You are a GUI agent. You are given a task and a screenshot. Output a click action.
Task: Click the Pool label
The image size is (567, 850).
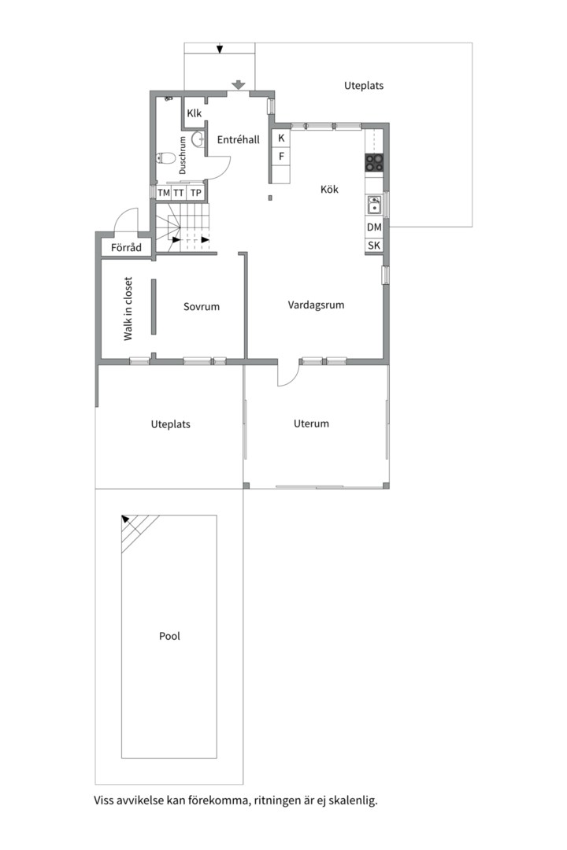coord(169,636)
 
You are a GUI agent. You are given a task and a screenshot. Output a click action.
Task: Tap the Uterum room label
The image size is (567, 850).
coord(311,423)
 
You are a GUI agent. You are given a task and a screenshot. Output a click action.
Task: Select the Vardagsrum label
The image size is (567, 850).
coord(316,305)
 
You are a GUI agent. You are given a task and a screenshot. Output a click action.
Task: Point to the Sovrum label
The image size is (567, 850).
coord(202,306)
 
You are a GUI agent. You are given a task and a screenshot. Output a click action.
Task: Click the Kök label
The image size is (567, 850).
coord(329,189)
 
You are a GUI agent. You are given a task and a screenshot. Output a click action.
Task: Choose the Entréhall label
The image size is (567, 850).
coord(238,139)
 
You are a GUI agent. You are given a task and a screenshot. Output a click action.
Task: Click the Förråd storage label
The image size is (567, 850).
coord(126,247)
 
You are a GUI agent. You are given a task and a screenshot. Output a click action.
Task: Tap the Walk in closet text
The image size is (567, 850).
coord(128,309)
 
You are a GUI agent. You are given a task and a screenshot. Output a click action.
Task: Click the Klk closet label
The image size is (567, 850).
coord(195,113)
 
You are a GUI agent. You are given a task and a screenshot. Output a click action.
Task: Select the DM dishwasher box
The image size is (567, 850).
coord(374,227)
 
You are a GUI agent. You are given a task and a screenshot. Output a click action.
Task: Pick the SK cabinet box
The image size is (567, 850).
coord(374,245)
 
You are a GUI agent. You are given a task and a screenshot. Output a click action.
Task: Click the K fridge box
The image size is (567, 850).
coord(281,139)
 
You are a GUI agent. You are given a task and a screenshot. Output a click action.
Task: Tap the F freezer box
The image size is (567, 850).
coord(281,156)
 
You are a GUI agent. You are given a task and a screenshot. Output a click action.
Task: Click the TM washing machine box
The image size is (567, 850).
coord(163,193)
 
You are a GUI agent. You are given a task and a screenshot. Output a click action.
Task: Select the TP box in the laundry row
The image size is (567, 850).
coord(196,193)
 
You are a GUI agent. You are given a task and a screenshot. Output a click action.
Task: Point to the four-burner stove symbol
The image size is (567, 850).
coord(374,162)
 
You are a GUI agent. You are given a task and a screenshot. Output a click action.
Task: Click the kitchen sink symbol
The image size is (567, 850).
coord(374,205)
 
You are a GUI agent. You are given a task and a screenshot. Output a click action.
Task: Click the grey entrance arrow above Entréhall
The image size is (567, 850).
coord(238,85)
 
